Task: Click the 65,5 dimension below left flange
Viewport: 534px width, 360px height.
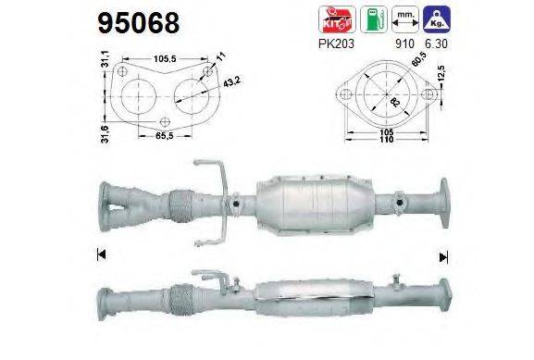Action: pyautogui.click(x=166, y=135)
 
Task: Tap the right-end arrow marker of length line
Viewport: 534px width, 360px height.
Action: pyautogui.click(x=442, y=255)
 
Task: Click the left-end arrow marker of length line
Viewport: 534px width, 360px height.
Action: pyautogui.click(x=99, y=253)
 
